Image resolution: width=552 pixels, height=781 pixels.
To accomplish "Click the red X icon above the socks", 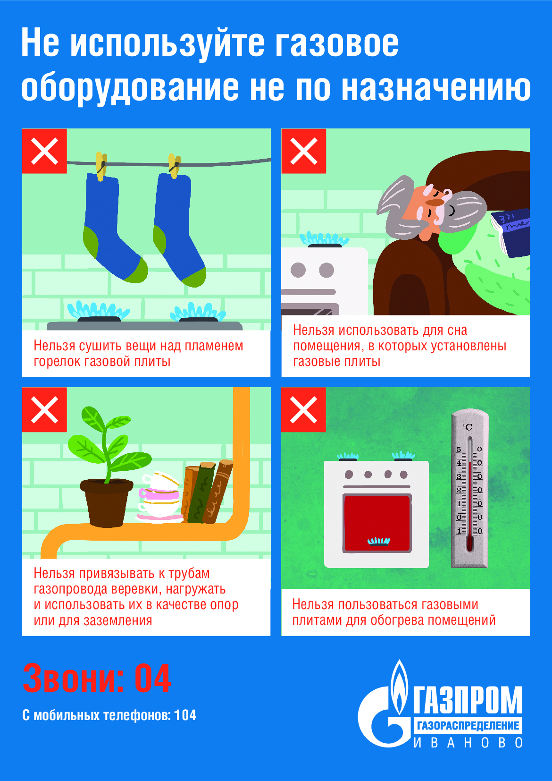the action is (x=44, y=151).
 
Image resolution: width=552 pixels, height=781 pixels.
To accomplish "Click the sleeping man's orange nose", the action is (x=435, y=202).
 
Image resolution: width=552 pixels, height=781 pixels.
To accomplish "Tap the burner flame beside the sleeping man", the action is (x=324, y=239).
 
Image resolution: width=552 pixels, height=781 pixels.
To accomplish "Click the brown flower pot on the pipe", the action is (x=107, y=502).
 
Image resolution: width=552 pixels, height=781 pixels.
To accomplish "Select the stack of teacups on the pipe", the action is (x=159, y=496).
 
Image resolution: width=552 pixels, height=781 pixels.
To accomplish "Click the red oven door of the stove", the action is (x=377, y=523).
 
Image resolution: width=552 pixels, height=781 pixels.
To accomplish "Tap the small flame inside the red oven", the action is (x=379, y=541).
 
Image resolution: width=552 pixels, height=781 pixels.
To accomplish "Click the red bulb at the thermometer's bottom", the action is (x=469, y=544).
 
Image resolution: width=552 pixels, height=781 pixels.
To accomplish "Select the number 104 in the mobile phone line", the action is (x=185, y=715).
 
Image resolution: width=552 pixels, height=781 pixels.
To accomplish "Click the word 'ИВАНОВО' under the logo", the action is (x=468, y=743).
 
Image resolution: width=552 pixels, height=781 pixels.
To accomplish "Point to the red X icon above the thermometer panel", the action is (x=304, y=410).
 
